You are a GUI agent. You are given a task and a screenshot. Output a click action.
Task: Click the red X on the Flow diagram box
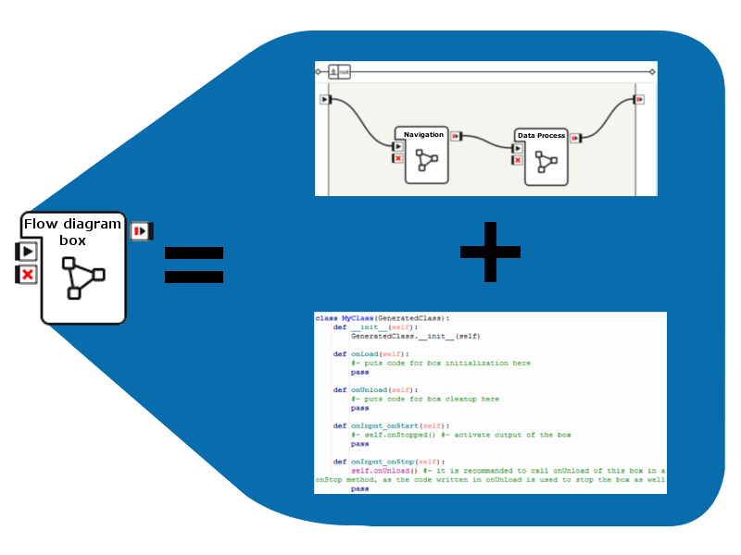click(28, 275)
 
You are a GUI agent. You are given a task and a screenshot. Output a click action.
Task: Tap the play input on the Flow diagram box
click(28, 251)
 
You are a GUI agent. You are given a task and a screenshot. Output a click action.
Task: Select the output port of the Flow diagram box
click(141, 230)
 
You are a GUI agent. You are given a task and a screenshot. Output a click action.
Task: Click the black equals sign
click(194, 264)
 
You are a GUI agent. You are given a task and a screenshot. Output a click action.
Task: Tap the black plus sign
click(490, 252)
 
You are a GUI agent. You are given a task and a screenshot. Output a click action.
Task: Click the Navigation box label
click(423, 135)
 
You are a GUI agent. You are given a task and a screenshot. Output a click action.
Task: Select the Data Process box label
click(541, 136)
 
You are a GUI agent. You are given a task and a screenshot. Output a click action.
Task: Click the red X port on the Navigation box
click(398, 158)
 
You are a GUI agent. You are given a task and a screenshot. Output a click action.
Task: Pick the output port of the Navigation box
click(456, 137)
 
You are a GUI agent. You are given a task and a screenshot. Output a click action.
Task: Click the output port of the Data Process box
click(575, 138)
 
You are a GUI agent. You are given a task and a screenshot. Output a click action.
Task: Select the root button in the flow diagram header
click(339, 70)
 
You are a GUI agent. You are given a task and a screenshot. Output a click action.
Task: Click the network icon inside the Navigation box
click(425, 160)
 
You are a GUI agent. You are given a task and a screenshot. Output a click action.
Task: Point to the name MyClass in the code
click(358, 318)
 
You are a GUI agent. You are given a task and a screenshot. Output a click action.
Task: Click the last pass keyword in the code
click(359, 488)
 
